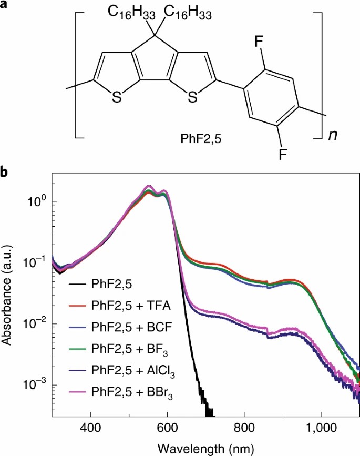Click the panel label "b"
6,172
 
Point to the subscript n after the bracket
332,135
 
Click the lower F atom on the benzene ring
282,154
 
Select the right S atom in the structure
193,96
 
